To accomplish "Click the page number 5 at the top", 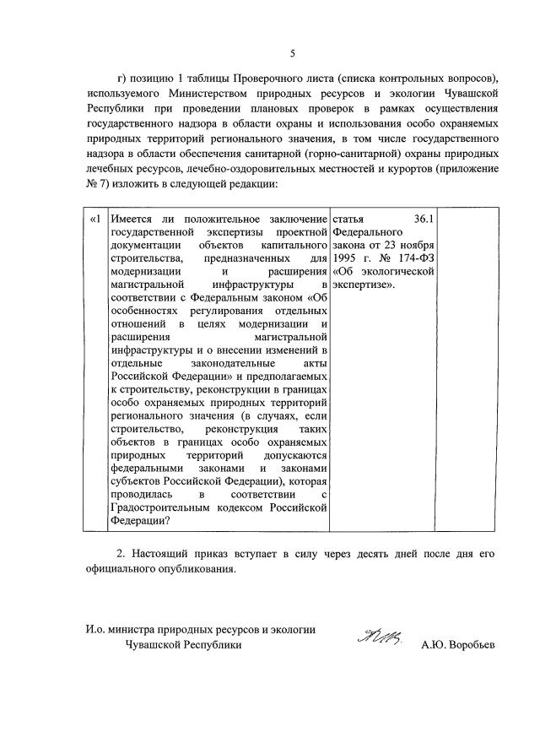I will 292,54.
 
